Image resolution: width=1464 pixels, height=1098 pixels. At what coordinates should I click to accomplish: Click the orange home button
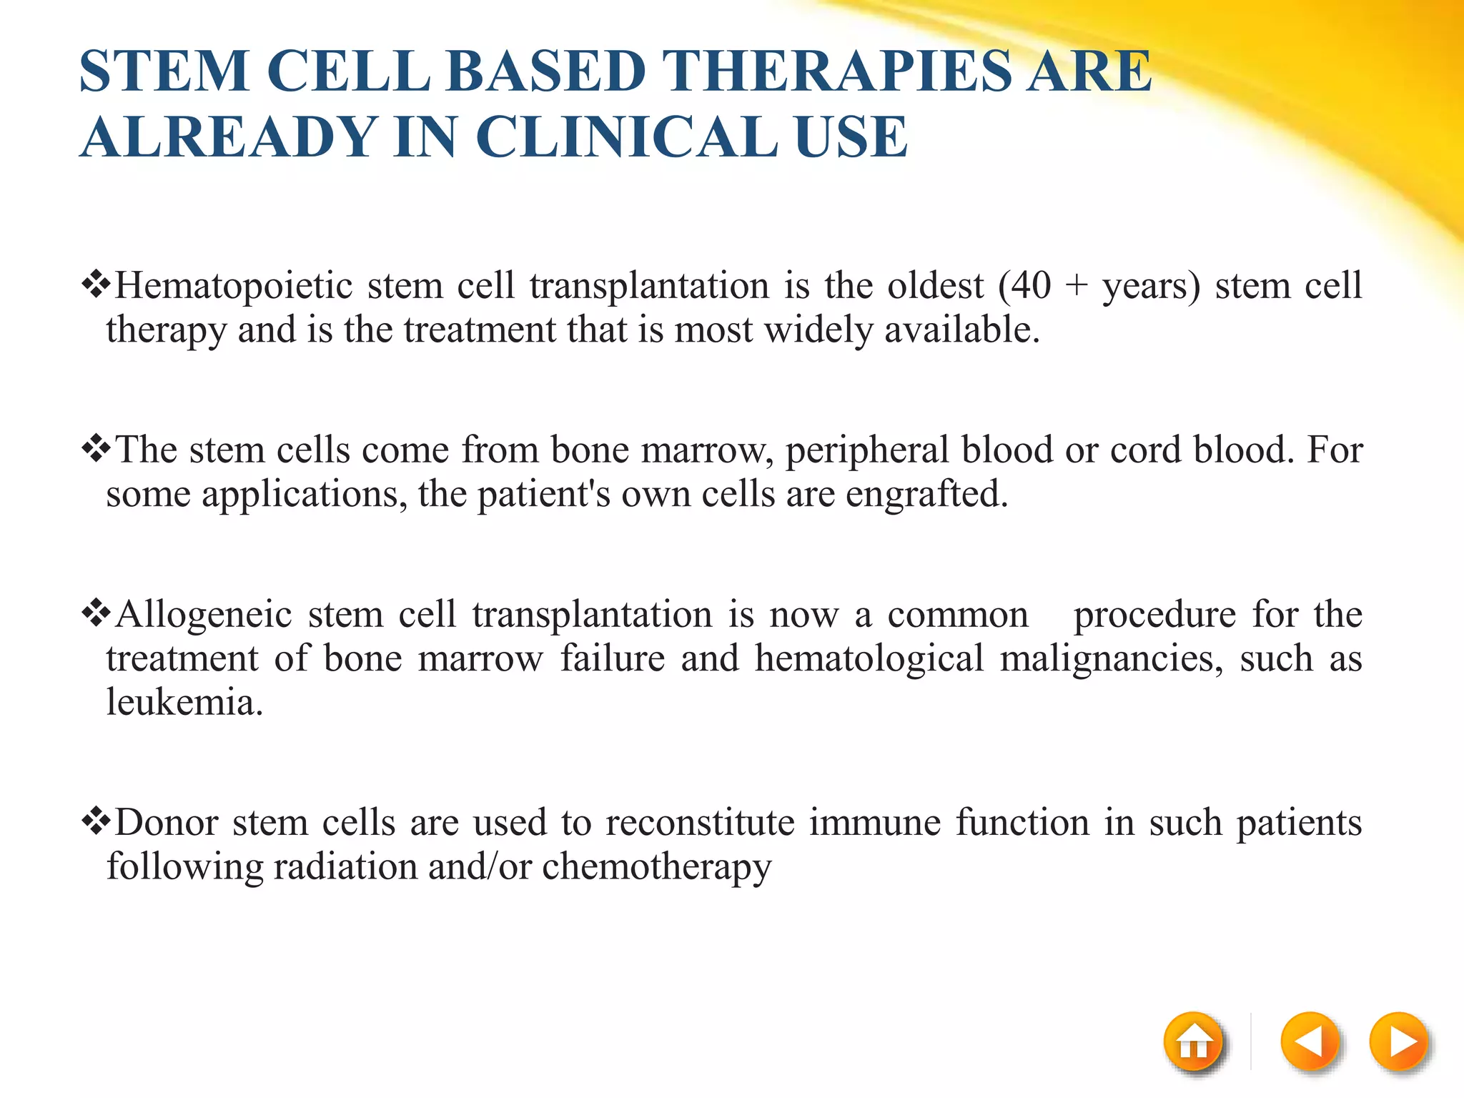pyautogui.click(x=1193, y=1043)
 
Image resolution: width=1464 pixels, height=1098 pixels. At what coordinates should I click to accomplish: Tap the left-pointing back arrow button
pyautogui.click(x=1310, y=1043)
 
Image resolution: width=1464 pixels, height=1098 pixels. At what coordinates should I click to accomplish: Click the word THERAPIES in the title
pyautogui.click(x=837, y=71)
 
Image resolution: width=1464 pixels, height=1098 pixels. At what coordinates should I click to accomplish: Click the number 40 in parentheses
pyautogui.click(x=1031, y=286)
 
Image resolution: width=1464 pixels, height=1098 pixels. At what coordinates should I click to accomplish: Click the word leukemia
pyautogui.click(x=184, y=703)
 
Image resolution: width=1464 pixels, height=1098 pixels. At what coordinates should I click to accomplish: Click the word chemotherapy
pyautogui.click(x=657, y=868)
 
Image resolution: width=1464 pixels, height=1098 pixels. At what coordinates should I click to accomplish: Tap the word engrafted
pyautogui.click(x=926, y=495)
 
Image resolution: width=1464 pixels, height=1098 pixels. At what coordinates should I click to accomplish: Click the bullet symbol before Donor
pyautogui.click(x=96, y=822)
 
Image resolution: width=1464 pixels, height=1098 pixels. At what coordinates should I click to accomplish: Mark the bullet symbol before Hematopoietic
pyautogui.click(x=96, y=285)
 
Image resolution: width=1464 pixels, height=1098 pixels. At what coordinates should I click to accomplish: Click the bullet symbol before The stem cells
pyautogui.click(x=96, y=450)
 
